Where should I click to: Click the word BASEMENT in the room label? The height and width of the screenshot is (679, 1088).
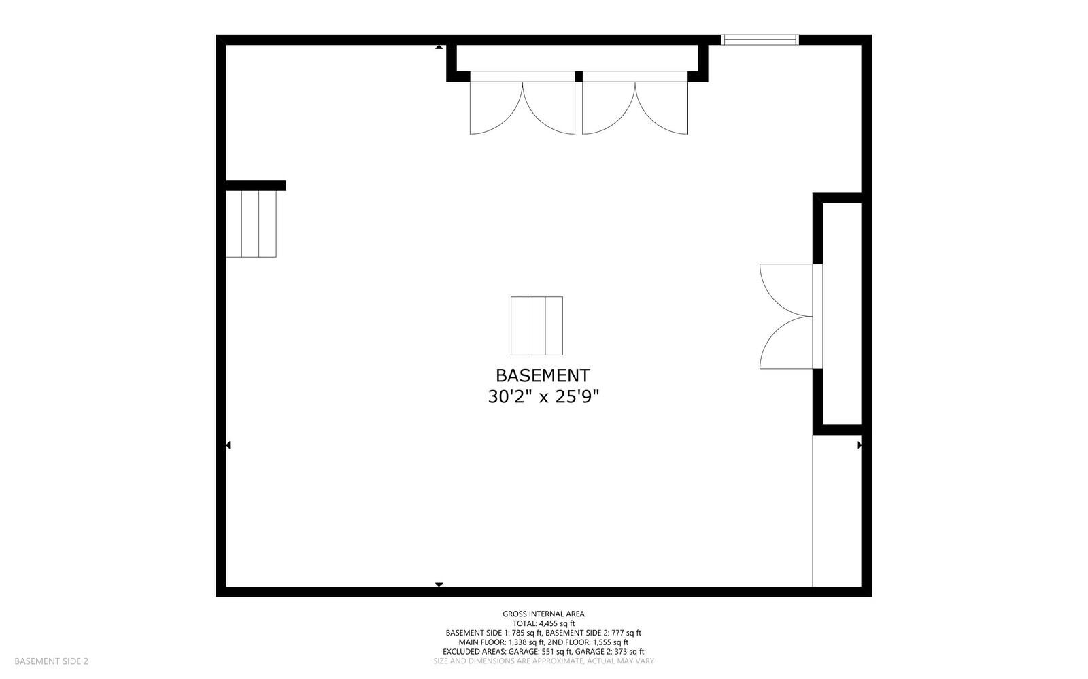click(x=543, y=376)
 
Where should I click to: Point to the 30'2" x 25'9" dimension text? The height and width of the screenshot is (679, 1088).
click(x=543, y=397)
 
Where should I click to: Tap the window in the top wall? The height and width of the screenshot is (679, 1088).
click(x=760, y=40)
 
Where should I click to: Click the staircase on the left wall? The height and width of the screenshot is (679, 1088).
click(x=251, y=224)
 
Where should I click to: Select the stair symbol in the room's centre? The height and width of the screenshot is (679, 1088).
click(x=537, y=326)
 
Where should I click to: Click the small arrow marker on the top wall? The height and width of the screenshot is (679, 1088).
click(x=439, y=47)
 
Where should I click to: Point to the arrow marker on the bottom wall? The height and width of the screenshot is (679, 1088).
click(x=439, y=585)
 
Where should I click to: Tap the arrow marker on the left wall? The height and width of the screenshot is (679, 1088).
click(x=228, y=445)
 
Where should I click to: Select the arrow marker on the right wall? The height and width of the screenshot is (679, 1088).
click(x=860, y=445)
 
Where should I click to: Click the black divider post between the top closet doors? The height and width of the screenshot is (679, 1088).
click(x=579, y=76)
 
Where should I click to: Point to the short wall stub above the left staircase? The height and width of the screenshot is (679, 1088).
click(x=256, y=186)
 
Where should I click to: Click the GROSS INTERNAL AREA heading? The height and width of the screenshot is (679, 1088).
click(x=543, y=614)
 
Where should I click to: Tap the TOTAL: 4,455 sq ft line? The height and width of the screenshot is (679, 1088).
click(x=543, y=624)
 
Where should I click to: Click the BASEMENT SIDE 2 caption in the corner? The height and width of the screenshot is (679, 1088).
click(x=52, y=661)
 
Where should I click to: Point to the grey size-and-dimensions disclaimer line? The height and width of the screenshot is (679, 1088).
click(x=543, y=661)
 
